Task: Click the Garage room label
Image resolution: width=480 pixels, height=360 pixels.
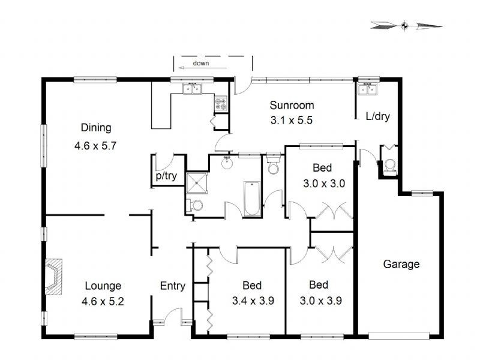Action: (401, 264)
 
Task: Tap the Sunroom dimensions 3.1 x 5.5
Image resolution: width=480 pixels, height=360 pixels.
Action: (292, 119)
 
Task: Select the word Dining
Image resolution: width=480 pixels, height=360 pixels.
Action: (96, 127)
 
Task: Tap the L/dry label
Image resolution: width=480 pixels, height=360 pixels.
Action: (378, 116)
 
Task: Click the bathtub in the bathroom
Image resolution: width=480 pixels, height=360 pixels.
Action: (251, 200)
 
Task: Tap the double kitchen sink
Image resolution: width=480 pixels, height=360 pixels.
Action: (193, 90)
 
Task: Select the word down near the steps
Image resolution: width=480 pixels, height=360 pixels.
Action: (201, 64)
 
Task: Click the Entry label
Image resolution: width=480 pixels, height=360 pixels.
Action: (172, 286)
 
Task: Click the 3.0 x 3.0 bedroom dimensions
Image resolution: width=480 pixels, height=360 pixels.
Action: (322, 184)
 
